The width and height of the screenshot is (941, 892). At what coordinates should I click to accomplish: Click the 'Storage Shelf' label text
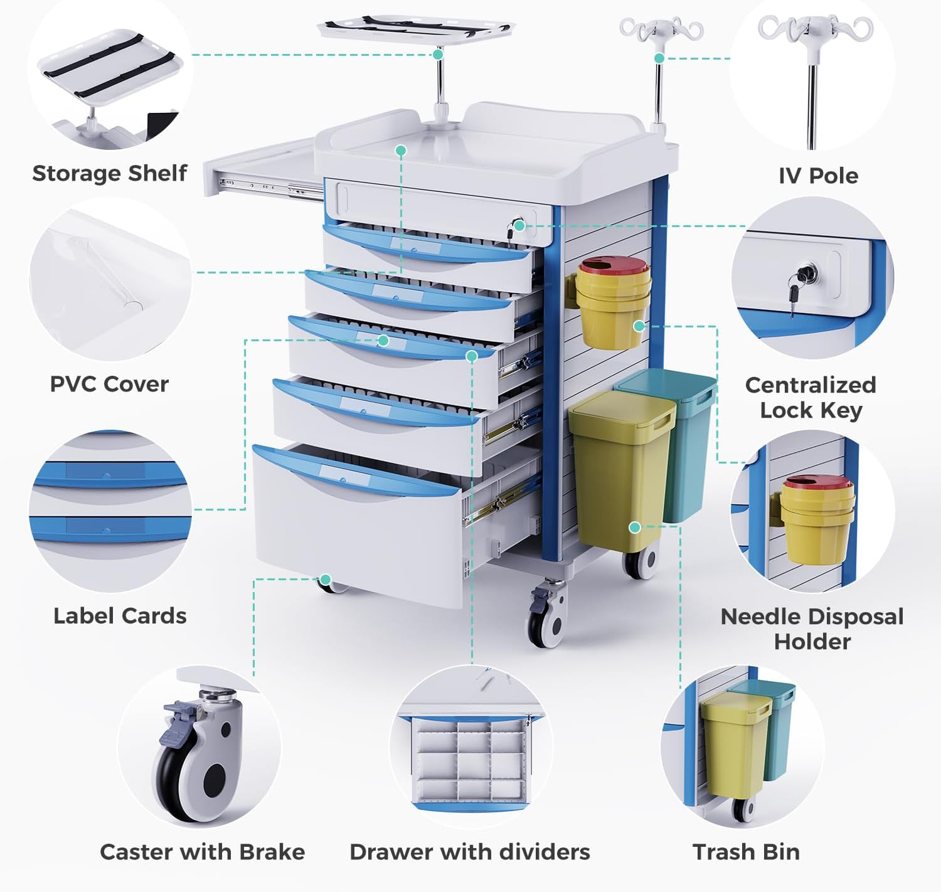[110, 173]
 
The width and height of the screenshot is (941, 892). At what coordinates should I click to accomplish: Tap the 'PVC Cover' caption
[109, 384]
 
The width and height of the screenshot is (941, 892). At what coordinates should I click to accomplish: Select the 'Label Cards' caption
[120, 616]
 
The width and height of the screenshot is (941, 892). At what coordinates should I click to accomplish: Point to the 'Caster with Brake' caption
[202, 852]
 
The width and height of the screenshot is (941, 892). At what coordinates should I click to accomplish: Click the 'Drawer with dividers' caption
[470, 852]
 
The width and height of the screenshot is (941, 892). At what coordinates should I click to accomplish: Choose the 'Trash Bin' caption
[746, 852]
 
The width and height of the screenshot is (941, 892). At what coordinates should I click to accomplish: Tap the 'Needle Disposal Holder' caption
[812, 629]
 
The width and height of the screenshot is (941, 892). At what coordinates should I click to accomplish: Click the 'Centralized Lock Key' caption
[811, 397]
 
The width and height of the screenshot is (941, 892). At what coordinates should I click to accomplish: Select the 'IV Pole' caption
[818, 176]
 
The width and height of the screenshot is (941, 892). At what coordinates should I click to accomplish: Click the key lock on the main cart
[518, 227]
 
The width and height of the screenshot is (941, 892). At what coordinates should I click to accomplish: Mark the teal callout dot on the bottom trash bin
[635, 528]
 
